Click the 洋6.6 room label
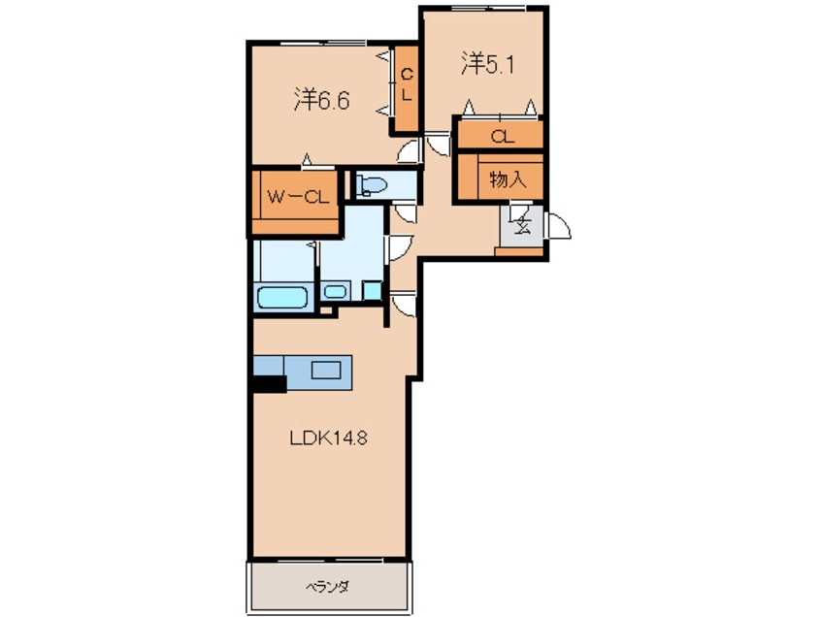click(321, 100)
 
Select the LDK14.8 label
click(328, 438)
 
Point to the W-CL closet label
click(297, 197)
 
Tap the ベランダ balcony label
click(327, 587)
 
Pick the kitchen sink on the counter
click(326, 371)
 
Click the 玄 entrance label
click(523, 226)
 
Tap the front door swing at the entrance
click(557, 225)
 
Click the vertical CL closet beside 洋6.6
click(407, 88)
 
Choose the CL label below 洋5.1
click(502, 137)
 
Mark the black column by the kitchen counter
click(269, 384)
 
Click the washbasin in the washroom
click(335, 291)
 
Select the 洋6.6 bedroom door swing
click(410, 151)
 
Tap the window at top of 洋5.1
click(488, 8)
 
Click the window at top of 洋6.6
click(322, 43)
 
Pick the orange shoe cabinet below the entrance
click(519, 251)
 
